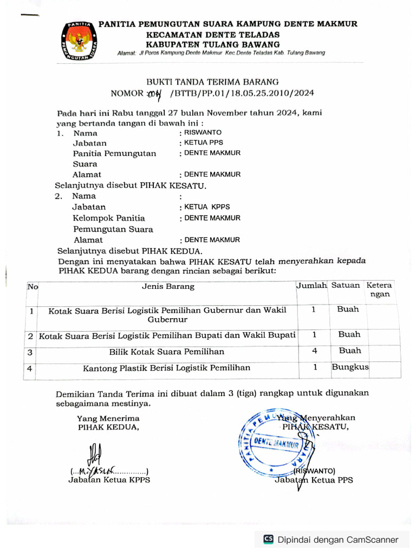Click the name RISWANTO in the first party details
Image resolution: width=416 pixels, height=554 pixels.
[203, 133]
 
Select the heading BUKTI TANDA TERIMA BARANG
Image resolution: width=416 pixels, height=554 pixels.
[213, 82]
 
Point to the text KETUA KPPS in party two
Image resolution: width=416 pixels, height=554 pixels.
[207, 207]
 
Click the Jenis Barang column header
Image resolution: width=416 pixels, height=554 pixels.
[168, 287]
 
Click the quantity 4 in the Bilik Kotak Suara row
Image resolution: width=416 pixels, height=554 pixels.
[314, 351]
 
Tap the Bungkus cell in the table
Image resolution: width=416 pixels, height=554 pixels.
[350, 367]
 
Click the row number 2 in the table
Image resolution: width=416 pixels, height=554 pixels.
[30, 336]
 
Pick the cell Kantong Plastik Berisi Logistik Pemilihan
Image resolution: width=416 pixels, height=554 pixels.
[167, 368]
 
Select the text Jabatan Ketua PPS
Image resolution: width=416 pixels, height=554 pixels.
[314, 480]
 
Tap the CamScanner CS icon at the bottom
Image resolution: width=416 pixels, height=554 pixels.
[268, 539]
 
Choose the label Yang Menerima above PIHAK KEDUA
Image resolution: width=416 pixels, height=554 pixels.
[108, 418]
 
